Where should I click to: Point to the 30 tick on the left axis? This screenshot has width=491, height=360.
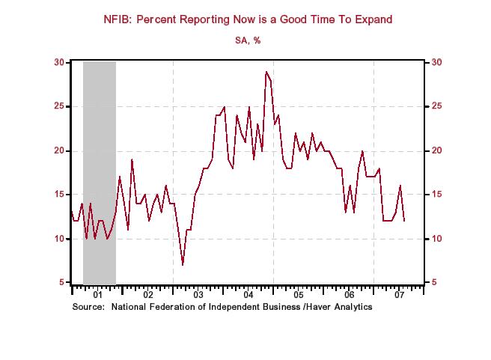59,62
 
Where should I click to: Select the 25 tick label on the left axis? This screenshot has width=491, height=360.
59,106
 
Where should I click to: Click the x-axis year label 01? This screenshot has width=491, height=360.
98,295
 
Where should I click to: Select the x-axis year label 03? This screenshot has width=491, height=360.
198,295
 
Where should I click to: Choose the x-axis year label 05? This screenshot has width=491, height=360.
299,295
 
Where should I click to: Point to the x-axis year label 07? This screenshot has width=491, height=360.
399,295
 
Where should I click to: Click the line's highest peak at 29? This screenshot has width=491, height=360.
266,72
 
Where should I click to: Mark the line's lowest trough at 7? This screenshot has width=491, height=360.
183,265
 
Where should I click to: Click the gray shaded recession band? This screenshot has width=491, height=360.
99,150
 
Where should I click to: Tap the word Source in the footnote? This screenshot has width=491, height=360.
88,307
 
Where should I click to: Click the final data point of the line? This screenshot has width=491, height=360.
405,221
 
